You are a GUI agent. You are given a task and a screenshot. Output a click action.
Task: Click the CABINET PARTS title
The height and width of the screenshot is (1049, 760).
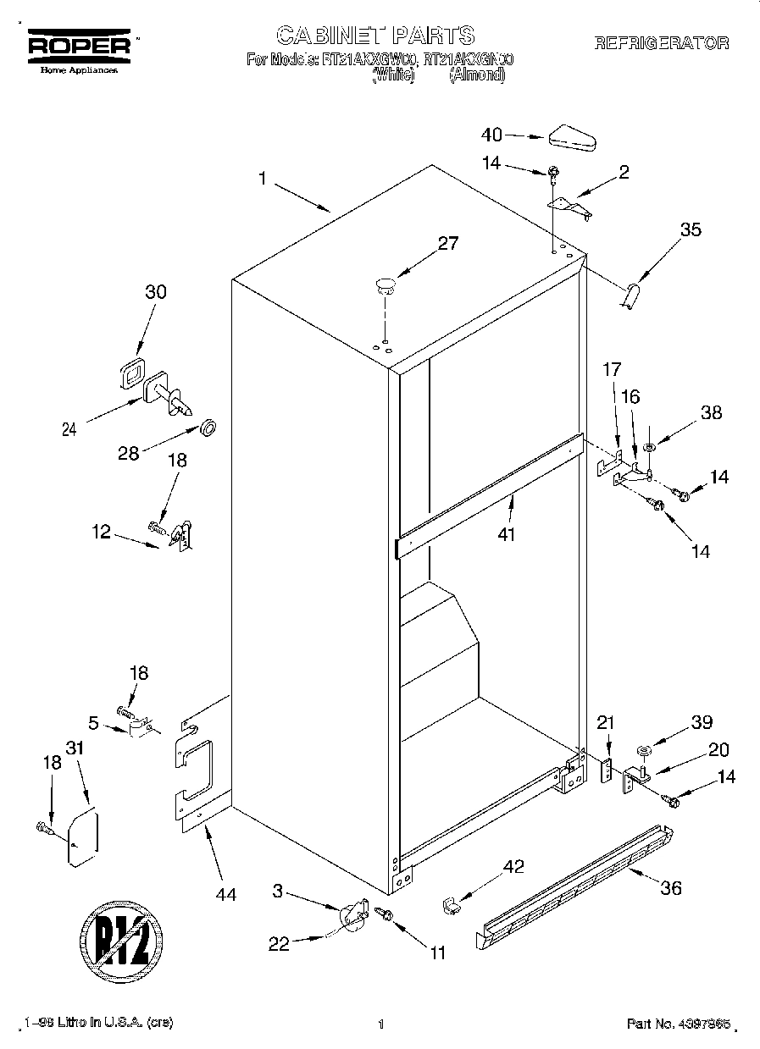[375, 35]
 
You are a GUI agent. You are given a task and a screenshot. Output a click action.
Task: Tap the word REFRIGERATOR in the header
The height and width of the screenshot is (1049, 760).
[661, 43]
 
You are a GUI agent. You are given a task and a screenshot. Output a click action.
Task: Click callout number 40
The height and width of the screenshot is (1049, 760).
[491, 134]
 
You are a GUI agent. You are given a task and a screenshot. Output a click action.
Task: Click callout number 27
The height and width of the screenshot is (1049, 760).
[447, 244]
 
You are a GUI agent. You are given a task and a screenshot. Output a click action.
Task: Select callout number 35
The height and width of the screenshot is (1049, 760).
[691, 229]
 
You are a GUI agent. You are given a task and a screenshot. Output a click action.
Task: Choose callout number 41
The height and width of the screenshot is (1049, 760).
[507, 534]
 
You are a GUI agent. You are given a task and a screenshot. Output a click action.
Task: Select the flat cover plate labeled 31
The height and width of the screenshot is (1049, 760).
[82, 838]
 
